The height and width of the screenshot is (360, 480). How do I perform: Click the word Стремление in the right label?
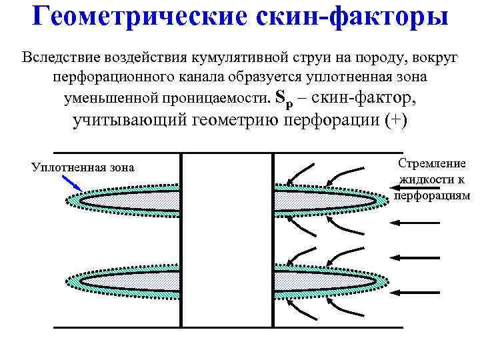coord(432,163)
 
